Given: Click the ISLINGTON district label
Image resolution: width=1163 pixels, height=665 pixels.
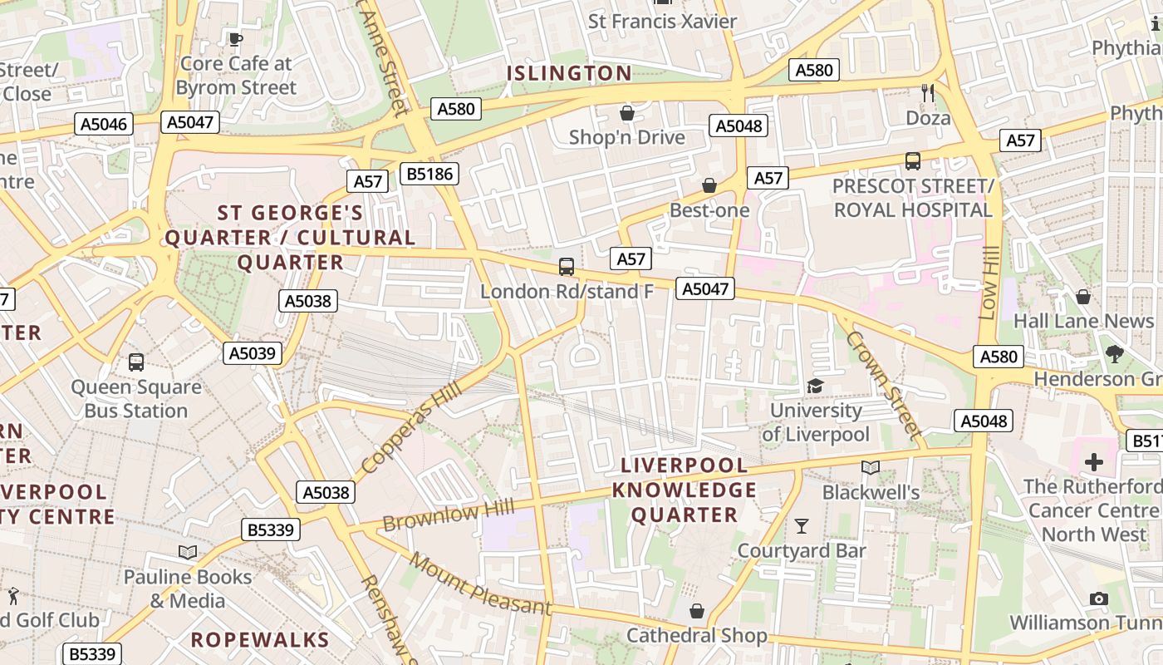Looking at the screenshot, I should [x=569, y=73].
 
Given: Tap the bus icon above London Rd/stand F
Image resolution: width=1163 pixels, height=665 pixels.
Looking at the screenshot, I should [x=567, y=267].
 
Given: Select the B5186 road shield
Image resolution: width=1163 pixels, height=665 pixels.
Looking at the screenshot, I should [x=429, y=174].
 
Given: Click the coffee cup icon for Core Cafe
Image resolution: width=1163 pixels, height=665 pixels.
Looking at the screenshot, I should [x=235, y=38].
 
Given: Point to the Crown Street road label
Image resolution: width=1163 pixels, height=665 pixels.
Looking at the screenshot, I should [x=884, y=384].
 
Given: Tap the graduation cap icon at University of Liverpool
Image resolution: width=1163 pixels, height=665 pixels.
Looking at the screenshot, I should [x=815, y=386].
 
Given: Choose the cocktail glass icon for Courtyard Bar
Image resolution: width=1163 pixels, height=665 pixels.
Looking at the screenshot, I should [x=801, y=525].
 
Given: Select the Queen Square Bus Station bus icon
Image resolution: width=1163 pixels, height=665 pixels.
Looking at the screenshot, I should [x=136, y=362].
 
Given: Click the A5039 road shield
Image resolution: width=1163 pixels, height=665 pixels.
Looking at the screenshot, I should [x=253, y=353].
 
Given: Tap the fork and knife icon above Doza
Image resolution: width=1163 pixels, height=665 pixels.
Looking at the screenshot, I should [x=928, y=93].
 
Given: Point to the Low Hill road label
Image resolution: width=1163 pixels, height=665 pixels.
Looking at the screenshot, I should [x=989, y=283].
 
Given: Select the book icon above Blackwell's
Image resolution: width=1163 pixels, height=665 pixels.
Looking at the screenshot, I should [x=870, y=468].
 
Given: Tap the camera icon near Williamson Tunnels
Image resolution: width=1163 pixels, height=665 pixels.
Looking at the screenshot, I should [x=1098, y=598].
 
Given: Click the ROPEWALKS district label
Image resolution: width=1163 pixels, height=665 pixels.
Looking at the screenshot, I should [x=261, y=639].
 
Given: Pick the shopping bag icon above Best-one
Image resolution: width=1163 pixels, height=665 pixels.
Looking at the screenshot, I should [x=709, y=185].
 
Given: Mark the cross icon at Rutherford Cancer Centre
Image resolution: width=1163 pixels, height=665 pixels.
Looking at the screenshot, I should [x=1094, y=462].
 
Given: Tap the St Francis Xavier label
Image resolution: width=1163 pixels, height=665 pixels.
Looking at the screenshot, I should [x=662, y=22].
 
